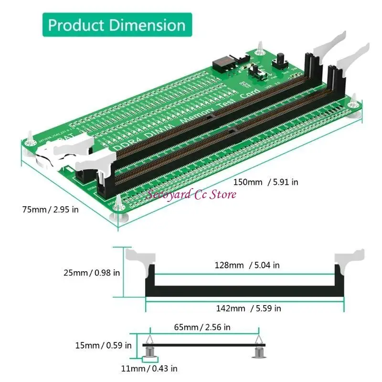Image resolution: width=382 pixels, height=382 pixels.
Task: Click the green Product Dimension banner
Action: [x=117, y=25]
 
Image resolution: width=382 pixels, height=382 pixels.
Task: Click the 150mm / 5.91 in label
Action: [x=265, y=182]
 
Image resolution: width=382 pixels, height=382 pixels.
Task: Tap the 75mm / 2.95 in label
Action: [x=50, y=210]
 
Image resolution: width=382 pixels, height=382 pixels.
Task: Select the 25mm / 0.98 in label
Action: [x=91, y=273]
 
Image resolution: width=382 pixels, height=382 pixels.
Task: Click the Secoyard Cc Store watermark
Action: [x=191, y=194]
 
